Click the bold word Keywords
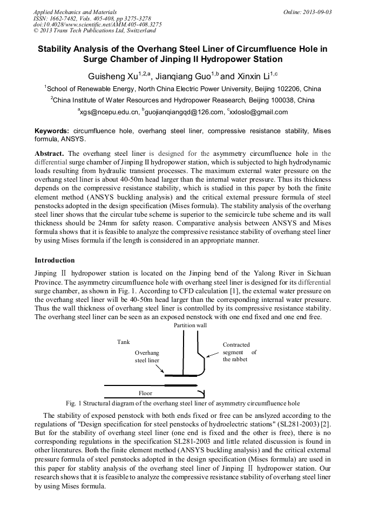point(52,131)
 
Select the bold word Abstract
point(50,154)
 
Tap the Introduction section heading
point(55,260)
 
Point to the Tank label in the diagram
point(124,342)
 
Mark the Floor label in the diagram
point(145,393)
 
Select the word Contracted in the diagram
point(236,344)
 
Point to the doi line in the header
point(97,24)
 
